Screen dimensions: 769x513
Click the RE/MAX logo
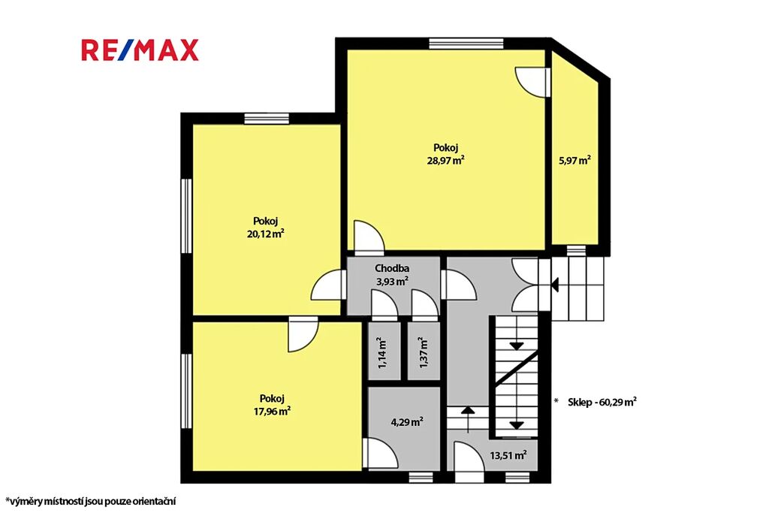click(x=140, y=50)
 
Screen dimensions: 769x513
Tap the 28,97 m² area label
click(x=446, y=160)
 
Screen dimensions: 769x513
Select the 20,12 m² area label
click(x=266, y=234)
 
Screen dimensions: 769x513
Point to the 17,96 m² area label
click(x=272, y=411)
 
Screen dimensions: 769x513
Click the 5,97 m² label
click(x=574, y=160)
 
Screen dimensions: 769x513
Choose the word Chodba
click(x=392, y=268)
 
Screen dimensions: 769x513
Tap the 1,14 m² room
click(x=384, y=352)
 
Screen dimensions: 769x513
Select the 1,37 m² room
click(x=424, y=352)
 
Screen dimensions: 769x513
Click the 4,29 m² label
click(x=407, y=422)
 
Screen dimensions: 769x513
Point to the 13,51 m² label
click(x=508, y=455)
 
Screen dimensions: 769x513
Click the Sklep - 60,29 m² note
click(x=602, y=402)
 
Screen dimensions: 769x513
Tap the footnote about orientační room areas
click(x=91, y=501)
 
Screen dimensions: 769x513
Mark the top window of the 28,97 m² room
click(x=466, y=44)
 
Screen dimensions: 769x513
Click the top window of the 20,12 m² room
click(x=267, y=119)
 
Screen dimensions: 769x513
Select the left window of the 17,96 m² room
click(x=186, y=391)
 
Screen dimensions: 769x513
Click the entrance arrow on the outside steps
click(x=555, y=285)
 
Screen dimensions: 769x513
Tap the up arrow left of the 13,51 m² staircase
click(x=468, y=419)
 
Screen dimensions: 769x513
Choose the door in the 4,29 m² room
click(x=380, y=453)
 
